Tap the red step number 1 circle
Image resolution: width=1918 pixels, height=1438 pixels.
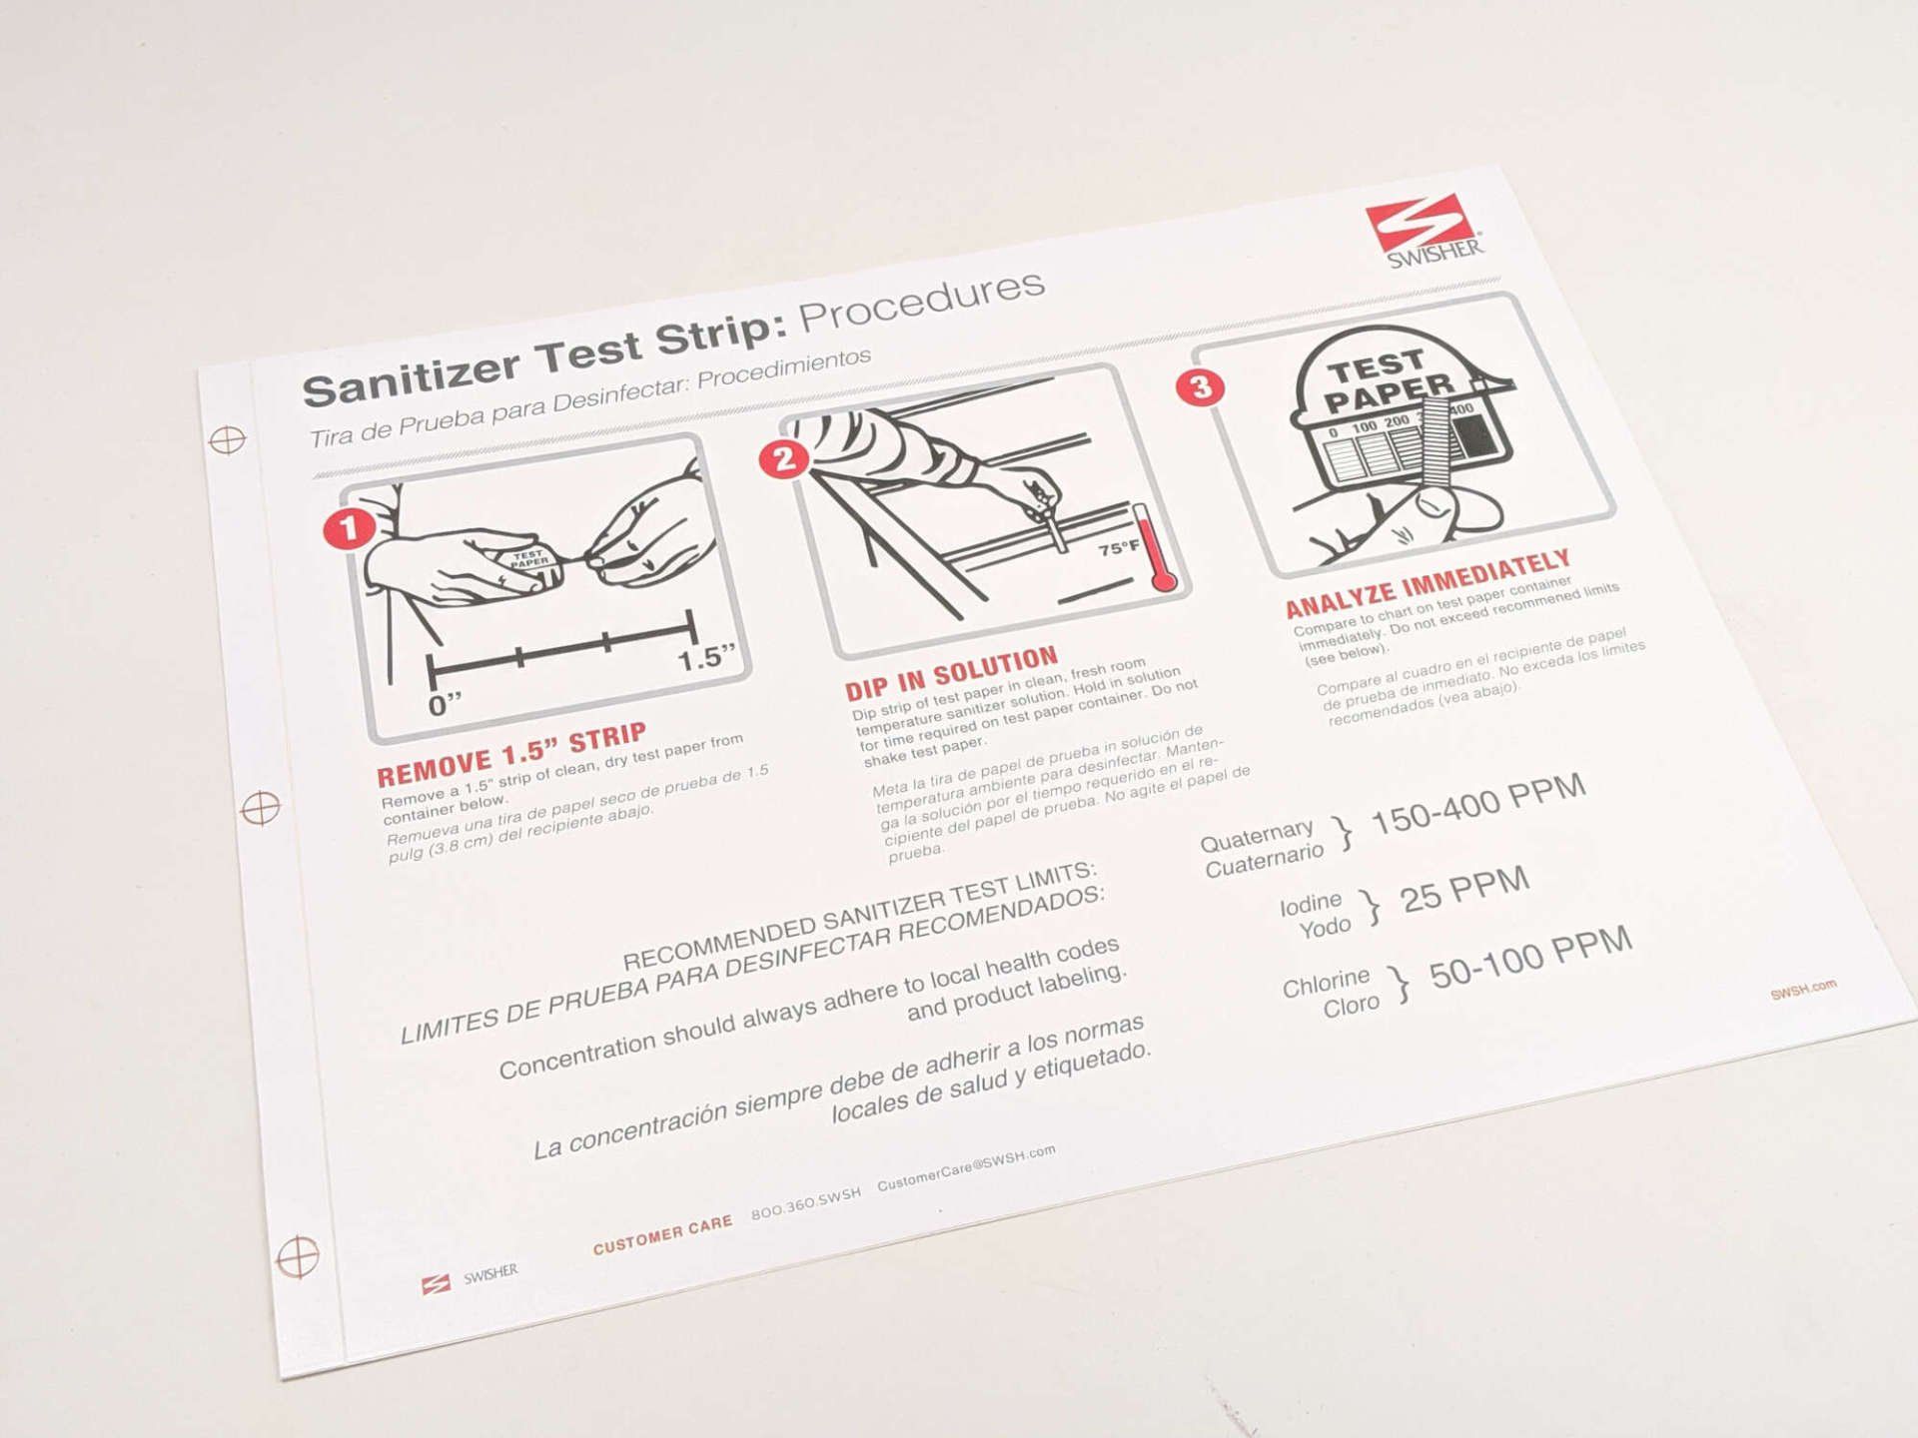coord(349,528)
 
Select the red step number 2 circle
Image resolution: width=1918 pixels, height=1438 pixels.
coord(784,459)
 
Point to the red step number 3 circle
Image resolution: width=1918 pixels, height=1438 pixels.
coord(1201,387)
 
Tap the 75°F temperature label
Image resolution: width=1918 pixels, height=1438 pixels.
coord(1119,548)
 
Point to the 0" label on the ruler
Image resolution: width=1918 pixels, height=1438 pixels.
coord(446,705)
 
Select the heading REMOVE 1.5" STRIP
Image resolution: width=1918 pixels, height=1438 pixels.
coord(511,754)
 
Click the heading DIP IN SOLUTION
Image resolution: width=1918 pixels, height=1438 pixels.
coord(951,675)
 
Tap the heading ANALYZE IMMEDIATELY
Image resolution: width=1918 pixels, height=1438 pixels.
coord(1428,584)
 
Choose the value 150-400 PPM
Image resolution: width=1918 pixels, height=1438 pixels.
coord(1478,804)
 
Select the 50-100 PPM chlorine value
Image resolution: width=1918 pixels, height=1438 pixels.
coord(1530,958)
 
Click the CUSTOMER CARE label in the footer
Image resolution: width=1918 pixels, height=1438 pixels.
coord(662,1235)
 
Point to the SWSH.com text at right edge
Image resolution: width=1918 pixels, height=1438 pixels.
coord(1803,989)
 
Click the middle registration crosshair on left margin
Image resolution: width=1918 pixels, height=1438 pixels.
coord(261,807)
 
